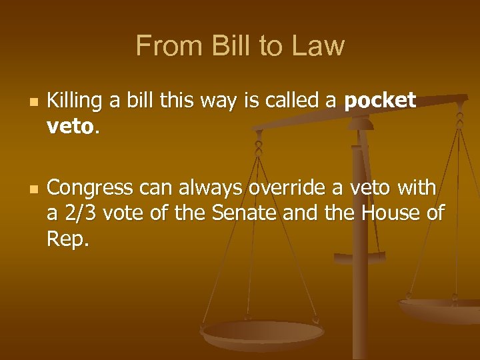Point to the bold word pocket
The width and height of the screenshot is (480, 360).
(x=380, y=101)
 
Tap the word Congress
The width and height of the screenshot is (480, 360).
(x=91, y=189)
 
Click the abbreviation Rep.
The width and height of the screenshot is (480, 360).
(x=68, y=238)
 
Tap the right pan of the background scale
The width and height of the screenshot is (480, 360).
(x=440, y=307)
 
